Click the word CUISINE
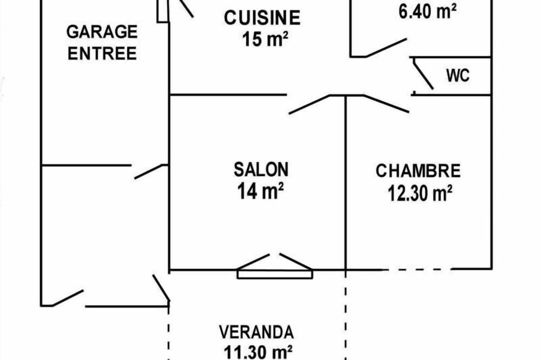tap(262, 18)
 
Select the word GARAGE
tap(102, 32)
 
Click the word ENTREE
tap(102, 54)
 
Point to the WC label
tap(458, 76)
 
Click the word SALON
tap(261, 170)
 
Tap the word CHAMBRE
tap(418, 171)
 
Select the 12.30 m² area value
tap(420, 194)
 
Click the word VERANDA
tap(256, 332)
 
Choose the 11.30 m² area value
tap(258, 352)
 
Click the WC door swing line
tap(423, 74)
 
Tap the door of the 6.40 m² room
tap(386, 48)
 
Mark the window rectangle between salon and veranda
tap(275, 274)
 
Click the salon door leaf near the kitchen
tap(309, 104)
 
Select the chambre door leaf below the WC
tap(386, 103)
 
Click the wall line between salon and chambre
tap(345, 182)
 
